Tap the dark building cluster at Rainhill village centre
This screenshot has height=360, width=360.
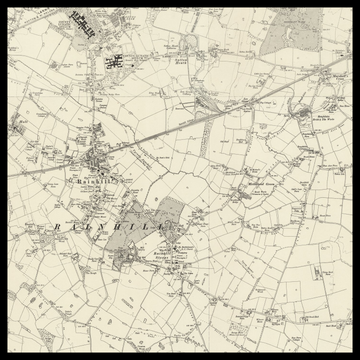click(x=95, y=165)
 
